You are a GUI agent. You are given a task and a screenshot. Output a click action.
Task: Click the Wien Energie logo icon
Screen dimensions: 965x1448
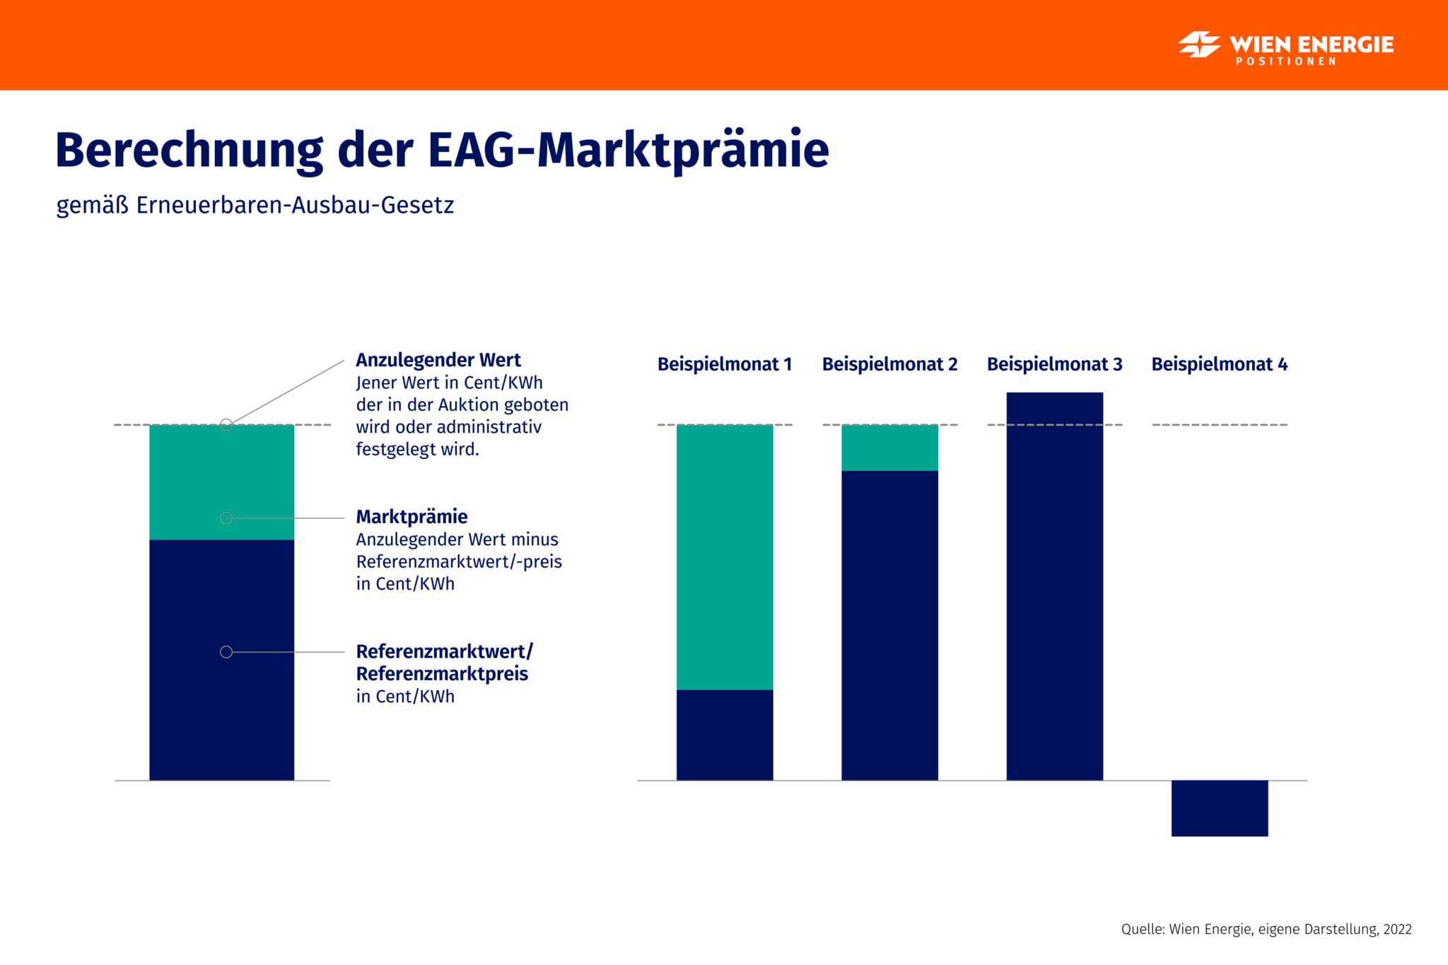(x=1199, y=45)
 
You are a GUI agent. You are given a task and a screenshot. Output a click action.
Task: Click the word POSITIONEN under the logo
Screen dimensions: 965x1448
(x=1286, y=62)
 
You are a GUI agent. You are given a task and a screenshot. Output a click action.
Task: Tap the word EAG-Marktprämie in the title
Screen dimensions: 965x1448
(x=628, y=151)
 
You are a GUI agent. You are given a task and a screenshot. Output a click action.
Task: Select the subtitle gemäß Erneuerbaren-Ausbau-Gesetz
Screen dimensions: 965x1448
(x=255, y=205)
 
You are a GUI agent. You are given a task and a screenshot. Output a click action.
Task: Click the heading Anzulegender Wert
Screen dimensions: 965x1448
(x=438, y=360)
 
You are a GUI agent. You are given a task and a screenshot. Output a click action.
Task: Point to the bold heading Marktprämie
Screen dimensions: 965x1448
(x=411, y=517)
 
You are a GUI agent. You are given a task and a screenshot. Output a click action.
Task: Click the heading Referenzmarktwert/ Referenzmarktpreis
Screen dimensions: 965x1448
(x=443, y=662)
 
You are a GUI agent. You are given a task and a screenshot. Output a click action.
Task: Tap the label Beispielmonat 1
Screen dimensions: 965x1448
(x=724, y=364)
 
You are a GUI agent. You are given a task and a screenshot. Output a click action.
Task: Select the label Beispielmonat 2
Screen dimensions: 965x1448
(x=889, y=364)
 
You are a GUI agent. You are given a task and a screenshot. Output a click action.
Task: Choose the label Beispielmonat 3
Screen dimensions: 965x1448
(x=1054, y=364)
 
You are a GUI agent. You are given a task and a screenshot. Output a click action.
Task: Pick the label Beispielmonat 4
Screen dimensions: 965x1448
(x=1219, y=364)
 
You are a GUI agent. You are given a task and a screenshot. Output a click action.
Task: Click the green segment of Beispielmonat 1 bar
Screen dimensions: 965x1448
(x=725, y=557)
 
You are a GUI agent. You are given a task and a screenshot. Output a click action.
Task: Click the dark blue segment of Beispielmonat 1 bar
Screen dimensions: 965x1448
(x=725, y=735)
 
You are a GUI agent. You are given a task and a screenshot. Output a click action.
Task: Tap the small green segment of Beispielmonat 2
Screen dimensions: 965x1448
(x=889, y=448)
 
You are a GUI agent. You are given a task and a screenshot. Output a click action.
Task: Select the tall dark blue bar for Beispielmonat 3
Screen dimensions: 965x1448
(x=1054, y=587)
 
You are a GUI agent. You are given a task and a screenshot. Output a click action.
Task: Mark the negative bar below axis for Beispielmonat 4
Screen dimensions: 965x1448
(x=1219, y=808)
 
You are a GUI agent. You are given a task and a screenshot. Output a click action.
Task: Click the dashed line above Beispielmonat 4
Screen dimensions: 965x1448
(x=1219, y=425)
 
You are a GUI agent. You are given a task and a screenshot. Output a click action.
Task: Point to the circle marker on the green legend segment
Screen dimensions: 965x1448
(x=226, y=518)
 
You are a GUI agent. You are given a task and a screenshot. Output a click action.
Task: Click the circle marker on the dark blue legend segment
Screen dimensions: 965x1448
(x=226, y=652)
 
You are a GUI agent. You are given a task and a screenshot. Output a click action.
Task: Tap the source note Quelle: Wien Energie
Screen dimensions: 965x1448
(x=1266, y=929)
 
